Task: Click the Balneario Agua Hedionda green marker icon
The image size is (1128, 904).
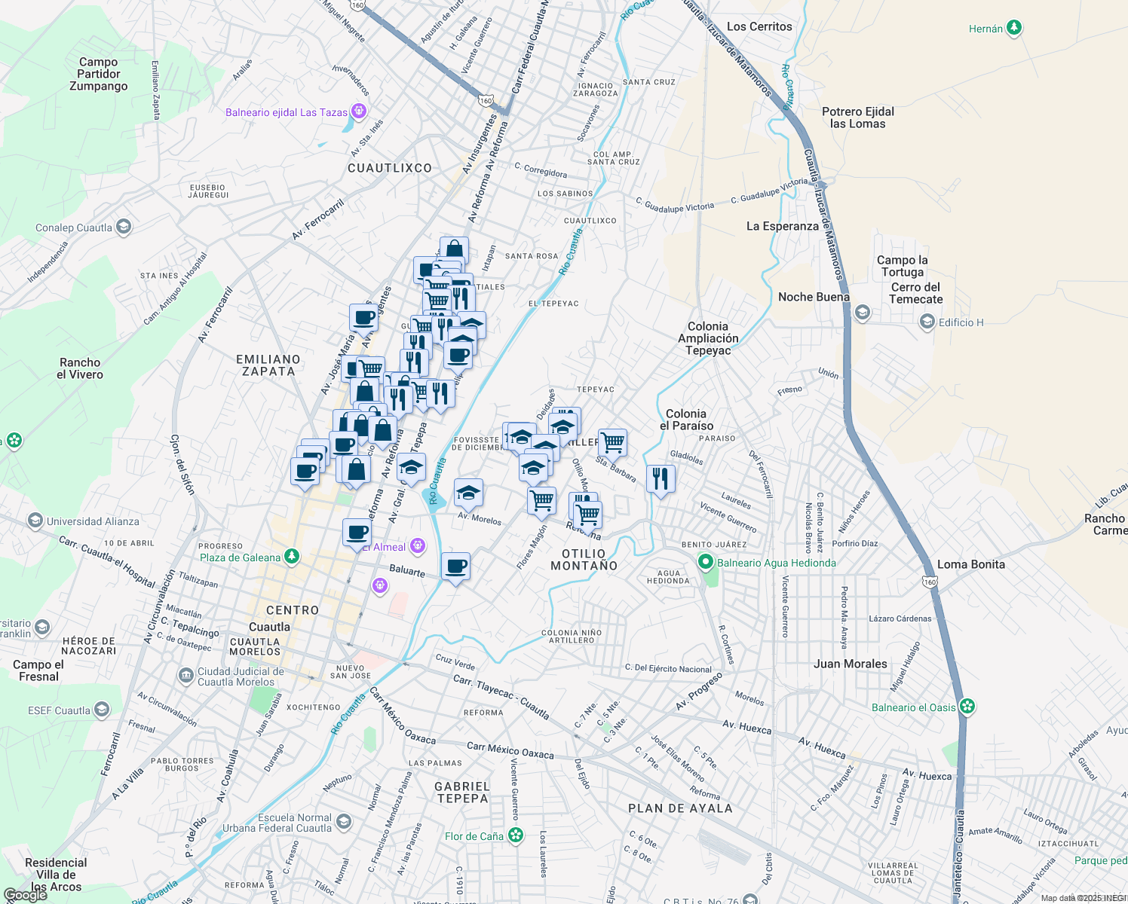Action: click(x=706, y=562)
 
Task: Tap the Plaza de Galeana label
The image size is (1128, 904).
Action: click(x=240, y=557)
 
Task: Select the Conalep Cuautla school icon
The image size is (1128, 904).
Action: click(x=124, y=227)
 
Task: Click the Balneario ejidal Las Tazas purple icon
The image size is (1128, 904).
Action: click(x=359, y=112)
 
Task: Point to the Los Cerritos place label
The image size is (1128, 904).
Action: click(x=759, y=26)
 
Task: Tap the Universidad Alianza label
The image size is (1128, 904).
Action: click(x=93, y=521)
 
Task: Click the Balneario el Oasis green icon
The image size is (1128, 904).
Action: click(x=967, y=707)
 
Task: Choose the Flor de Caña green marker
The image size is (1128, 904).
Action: click(x=516, y=835)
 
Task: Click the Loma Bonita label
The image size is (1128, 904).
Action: click(x=970, y=564)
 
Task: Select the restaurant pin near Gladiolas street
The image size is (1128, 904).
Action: click(x=661, y=478)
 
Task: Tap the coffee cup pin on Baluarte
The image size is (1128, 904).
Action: click(x=455, y=567)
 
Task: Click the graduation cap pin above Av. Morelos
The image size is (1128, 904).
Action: click(x=468, y=493)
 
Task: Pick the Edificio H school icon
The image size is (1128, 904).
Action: click(x=927, y=322)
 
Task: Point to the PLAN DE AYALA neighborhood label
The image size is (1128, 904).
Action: click(x=680, y=808)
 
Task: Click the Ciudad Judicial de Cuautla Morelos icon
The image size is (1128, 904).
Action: click(x=185, y=676)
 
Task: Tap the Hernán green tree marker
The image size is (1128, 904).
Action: click(x=1014, y=29)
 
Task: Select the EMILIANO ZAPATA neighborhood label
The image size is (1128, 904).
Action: click(x=268, y=365)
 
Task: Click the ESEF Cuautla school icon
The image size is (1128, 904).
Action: click(x=102, y=710)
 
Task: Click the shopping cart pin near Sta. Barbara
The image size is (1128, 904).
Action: click(x=612, y=442)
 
